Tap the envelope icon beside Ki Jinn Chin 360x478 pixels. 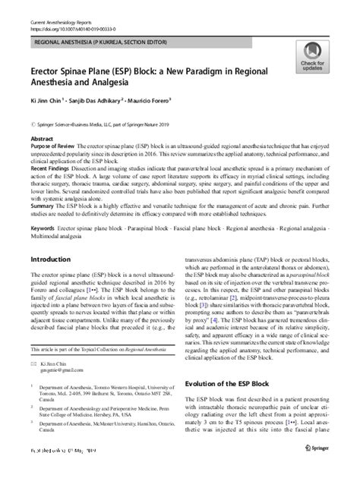point(33,365)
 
